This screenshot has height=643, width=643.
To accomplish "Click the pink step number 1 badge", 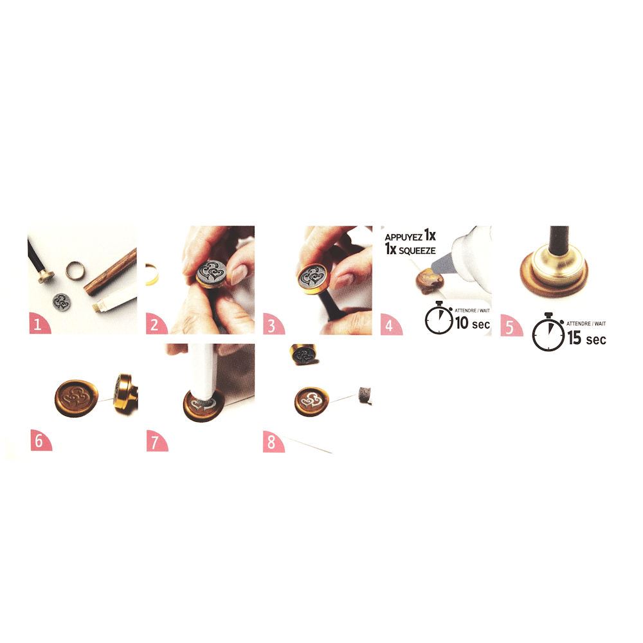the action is tap(39, 323).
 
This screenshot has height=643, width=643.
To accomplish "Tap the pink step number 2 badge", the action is tap(156, 323).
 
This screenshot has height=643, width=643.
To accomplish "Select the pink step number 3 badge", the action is tap(273, 324).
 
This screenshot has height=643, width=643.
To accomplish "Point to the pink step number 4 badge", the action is tap(390, 324).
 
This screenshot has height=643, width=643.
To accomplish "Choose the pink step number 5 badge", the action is tap(511, 325).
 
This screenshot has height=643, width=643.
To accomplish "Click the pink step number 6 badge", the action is tap(40, 440).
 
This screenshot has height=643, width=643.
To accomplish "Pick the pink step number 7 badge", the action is tap(156, 441).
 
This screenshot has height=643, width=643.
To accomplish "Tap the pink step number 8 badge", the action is tap(273, 442).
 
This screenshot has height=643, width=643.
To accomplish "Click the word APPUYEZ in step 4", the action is tap(404, 237).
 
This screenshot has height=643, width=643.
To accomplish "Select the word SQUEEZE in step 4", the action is tap(417, 251).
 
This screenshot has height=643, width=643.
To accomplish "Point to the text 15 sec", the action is tap(586, 338).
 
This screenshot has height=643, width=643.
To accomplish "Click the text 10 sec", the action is tap(473, 323).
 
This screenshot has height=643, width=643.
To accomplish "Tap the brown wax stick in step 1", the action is tap(111, 272).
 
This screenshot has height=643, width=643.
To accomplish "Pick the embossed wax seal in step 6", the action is tap(77, 398).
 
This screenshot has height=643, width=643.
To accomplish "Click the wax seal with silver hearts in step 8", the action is tap(312, 401).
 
